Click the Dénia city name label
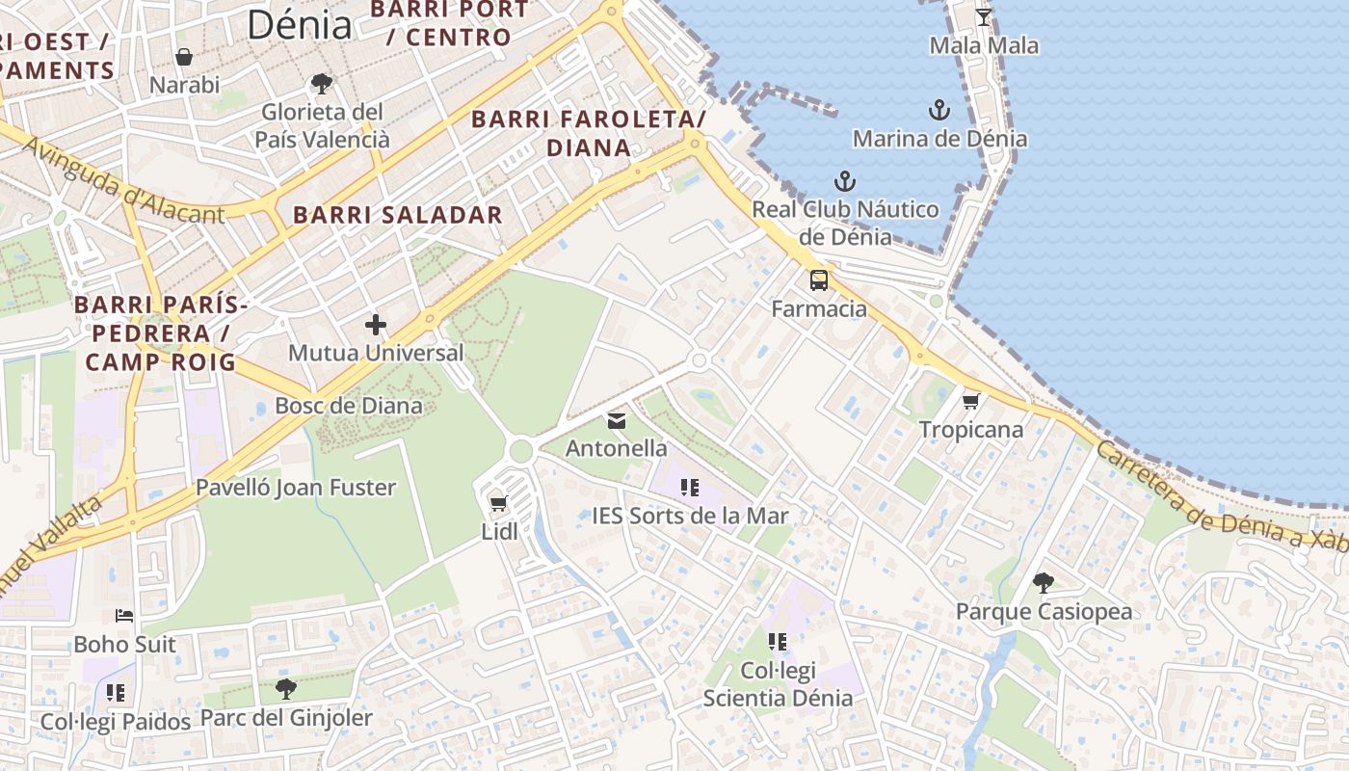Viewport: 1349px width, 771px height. tap(300, 24)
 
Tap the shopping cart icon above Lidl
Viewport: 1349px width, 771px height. tap(498, 503)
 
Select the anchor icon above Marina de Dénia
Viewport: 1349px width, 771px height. tap(939, 110)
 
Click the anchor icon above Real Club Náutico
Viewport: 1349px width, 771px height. tap(844, 181)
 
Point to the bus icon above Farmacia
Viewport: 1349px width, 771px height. tap(818, 280)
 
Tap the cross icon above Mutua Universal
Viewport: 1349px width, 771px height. tap(375, 325)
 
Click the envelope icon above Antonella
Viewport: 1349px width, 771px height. tap(616, 421)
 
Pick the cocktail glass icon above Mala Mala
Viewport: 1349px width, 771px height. tap(983, 17)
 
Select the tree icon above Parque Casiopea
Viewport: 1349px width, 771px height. tap(1043, 582)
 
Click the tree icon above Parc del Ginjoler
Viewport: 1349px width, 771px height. tap(285, 689)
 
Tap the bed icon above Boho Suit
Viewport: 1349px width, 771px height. tap(124, 616)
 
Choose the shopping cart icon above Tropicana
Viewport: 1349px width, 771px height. tap(970, 401)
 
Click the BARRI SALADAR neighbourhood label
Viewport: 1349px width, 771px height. tap(398, 214)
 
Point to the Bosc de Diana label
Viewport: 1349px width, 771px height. tap(349, 405)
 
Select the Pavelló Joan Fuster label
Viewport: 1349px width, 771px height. tap(296, 488)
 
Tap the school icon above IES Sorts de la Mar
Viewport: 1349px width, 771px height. tap(689, 488)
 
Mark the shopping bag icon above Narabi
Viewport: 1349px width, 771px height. tap(184, 57)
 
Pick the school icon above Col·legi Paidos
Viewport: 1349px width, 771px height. tap(116, 693)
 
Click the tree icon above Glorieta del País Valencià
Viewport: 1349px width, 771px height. tap(322, 84)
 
